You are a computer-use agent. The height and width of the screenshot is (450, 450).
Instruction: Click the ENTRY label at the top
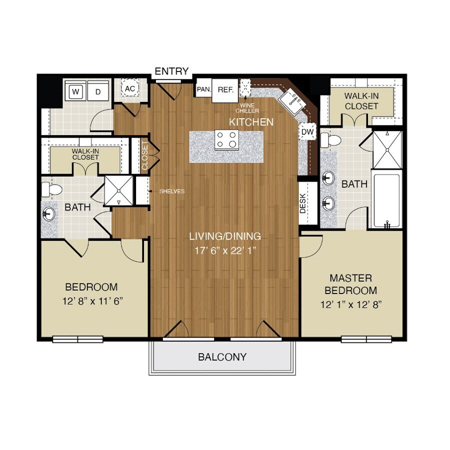(171, 71)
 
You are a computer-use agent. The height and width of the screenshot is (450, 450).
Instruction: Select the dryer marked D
(98, 91)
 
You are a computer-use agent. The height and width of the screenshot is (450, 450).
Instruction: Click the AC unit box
(130, 89)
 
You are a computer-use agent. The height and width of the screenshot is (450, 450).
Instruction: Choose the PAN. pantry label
(203, 89)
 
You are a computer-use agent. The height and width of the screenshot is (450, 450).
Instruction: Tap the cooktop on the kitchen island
(226, 139)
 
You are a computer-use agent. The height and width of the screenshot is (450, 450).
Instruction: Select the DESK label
(303, 203)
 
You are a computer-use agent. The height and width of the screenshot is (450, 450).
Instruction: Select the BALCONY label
(222, 357)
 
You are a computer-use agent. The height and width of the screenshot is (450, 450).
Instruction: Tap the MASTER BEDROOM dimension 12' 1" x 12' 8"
(351, 305)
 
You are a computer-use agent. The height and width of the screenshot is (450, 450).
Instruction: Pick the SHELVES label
(172, 191)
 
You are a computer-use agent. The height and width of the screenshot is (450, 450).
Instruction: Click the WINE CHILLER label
(247, 108)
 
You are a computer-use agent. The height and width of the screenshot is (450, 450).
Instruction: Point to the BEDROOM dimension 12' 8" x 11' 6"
(91, 301)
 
